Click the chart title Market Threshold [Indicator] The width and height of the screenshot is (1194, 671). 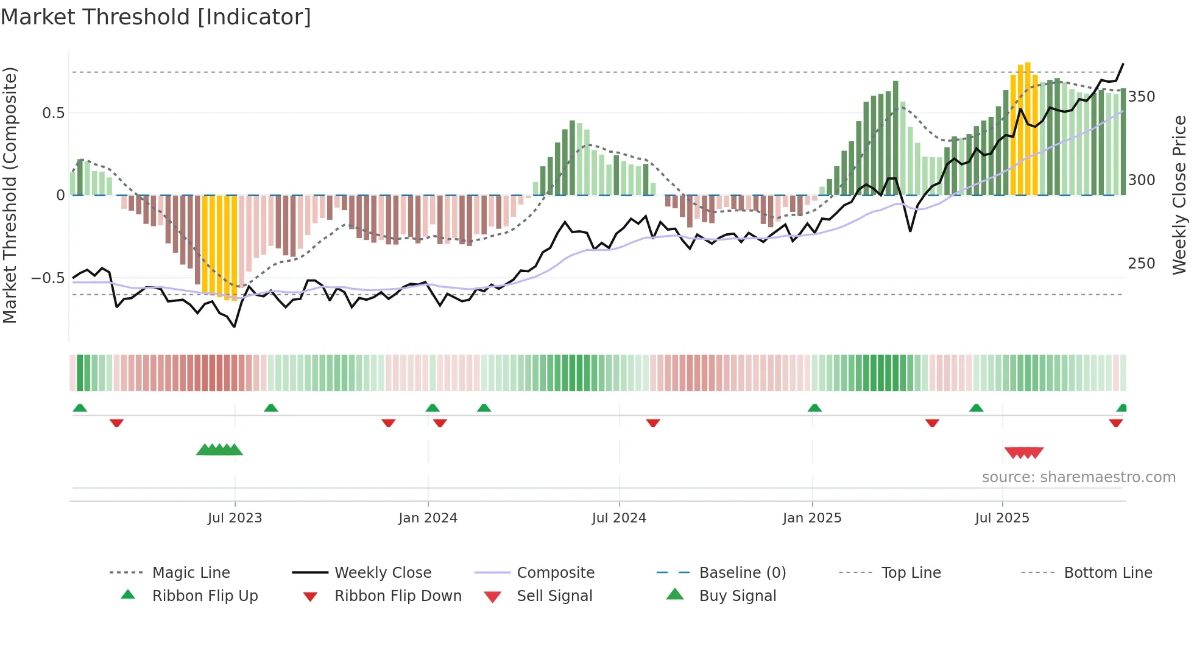pyautogui.click(x=156, y=17)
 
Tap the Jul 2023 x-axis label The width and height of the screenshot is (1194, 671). pyautogui.click(x=235, y=518)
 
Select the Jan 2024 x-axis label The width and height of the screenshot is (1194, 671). pyautogui.click(x=428, y=518)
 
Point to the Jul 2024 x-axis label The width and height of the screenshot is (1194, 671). pyautogui.click(x=619, y=518)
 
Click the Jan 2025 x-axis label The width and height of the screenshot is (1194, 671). pyautogui.click(x=812, y=518)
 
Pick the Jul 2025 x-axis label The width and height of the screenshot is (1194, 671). pyautogui.click(x=1002, y=518)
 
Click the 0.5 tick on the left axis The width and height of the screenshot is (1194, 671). pyautogui.click(x=54, y=113)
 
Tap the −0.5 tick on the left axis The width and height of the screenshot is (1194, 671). pyautogui.click(x=48, y=278)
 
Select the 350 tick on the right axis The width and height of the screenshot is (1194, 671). pyautogui.click(x=1142, y=97)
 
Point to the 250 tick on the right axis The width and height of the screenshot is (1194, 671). pyautogui.click(x=1142, y=264)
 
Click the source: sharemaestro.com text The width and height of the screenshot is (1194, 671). pyautogui.click(x=1078, y=477)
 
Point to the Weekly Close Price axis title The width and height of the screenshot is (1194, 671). pyautogui.click(x=1179, y=195)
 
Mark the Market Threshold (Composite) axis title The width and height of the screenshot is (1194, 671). pyautogui.click(x=10, y=195)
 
